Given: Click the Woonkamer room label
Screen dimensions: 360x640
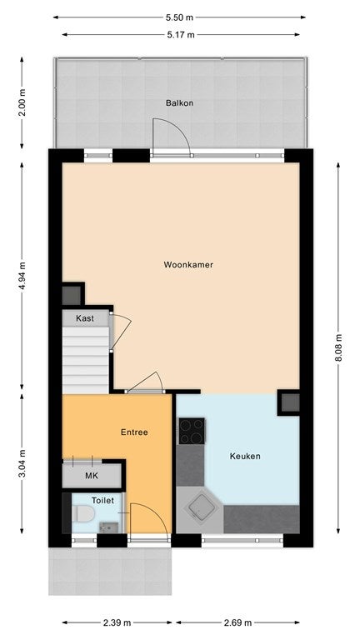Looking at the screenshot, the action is pyautogui.click(x=188, y=264).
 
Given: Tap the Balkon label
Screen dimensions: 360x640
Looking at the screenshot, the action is pyautogui.click(x=180, y=102).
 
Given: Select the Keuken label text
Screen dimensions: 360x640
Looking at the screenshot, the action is pyautogui.click(x=245, y=456).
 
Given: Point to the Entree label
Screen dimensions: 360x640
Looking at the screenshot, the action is pyautogui.click(x=134, y=432).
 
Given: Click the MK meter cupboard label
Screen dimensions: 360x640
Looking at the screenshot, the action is pyautogui.click(x=92, y=476).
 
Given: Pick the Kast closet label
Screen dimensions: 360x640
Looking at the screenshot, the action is pyautogui.click(x=85, y=318).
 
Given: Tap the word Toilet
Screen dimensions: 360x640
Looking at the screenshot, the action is pyautogui.click(x=102, y=500).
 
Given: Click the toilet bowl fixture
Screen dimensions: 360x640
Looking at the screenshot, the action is pyautogui.click(x=83, y=513).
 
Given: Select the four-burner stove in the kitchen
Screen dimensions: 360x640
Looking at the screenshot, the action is pyautogui.click(x=192, y=431).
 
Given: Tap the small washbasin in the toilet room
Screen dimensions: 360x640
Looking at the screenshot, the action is pyautogui.click(x=108, y=527).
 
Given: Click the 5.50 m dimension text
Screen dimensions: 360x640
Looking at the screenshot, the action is pyautogui.click(x=179, y=17).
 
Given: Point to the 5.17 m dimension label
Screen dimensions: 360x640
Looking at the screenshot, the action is pyautogui.click(x=180, y=35).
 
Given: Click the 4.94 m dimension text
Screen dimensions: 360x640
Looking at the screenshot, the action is pyautogui.click(x=22, y=276).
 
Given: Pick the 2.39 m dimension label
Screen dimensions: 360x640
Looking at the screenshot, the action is pyautogui.click(x=117, y=622).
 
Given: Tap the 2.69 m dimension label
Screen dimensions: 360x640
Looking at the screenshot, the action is pyautogui.click(x=238, y=622).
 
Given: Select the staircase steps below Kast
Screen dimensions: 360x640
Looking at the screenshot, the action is pyautogui.click(x=85, y=360).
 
